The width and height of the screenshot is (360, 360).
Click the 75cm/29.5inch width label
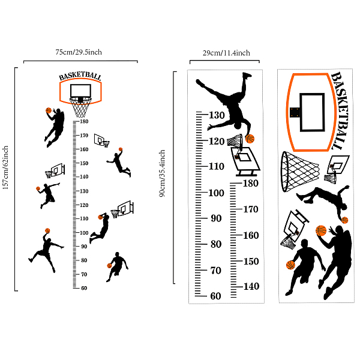pyautogui.click(x=79, y=52)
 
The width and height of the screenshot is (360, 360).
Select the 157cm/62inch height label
pyautogui.click(x=5, y=167)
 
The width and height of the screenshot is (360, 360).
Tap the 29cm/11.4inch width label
pyautogui.click(x=226, y=53)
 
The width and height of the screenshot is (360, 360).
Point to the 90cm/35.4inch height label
pyautogui.click(x=162, y=173)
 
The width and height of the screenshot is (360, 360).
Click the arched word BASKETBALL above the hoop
pyautogui.click(x=80, y=76)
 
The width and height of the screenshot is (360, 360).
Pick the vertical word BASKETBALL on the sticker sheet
pyautogui.click(x=339, y=110)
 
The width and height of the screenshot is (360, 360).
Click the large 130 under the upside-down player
pyautogui.click(x=217, y=115)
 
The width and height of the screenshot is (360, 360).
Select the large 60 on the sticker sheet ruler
pyautogui.click(x=215, y=296)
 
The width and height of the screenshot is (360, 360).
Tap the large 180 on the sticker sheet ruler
pyautogui.click(x=251, y=183)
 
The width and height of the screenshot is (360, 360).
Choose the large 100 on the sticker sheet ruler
pyautogui.click(x=216, y=193)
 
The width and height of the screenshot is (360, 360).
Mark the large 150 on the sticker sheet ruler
pyautogui.click(x=251, y=261)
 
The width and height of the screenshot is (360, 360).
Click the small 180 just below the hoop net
pyautogui.click(x=84, y=121)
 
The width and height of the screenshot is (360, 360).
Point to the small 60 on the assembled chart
pyautogui.click(x=84, y=288)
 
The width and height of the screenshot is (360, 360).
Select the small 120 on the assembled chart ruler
pyautogui.click(x=84, y=205)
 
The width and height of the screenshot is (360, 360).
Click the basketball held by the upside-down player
pyautogui.click(x=250, y=139)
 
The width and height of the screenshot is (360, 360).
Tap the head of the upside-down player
pyautogui.click(x=238, y=125)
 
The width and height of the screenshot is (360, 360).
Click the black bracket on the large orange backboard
pyautogui.click(x=295, y=112)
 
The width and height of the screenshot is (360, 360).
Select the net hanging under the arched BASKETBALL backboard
pyautogui.click(x=80, y=107)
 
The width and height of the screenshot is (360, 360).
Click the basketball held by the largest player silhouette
pyautogui.click(x=321, y=230)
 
